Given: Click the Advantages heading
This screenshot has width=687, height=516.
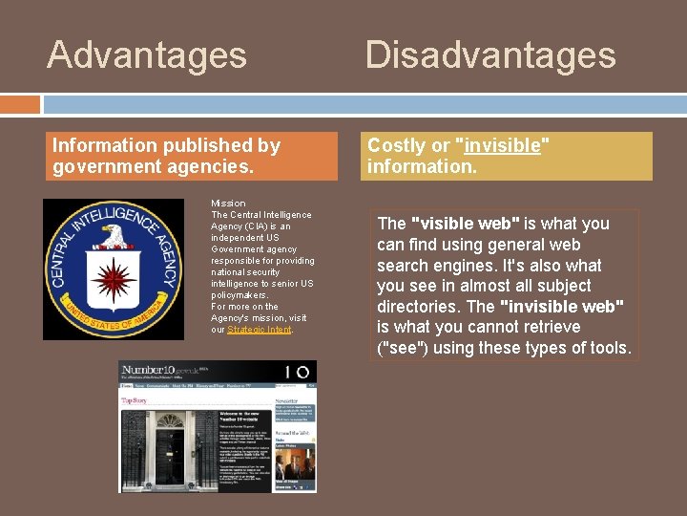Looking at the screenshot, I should (147, 54).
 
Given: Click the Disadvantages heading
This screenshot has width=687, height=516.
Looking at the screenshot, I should (490, 54).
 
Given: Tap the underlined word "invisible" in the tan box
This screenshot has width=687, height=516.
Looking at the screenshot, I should (503, 145).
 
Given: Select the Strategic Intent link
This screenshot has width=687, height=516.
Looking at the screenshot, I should (259, 330).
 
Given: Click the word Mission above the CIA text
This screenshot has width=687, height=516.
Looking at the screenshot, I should (228, 204).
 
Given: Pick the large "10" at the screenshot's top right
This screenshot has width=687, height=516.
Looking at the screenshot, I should (298, 372).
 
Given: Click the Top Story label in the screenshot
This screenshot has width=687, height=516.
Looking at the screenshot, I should (134, 401).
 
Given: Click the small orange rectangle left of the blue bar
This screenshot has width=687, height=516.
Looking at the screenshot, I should (20, 104).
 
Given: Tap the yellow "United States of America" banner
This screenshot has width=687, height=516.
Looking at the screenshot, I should (114, 322).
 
